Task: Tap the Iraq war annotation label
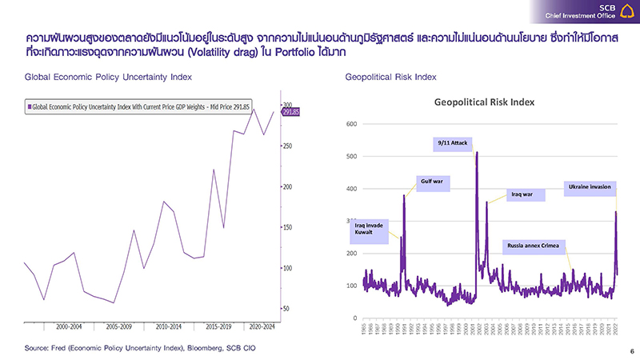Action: pyautogui.click(x=526, y=194)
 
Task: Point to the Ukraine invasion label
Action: pyautogui.click(x=590, y=187)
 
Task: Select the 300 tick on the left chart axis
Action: pyautogui.click(x=289, y=106)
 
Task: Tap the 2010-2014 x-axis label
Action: pyautogui.click(x=165, y=327)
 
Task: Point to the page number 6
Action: pyautogui.click(x=630, y=351)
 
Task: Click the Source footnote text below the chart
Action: pyautogui.click(x=141, y=348)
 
